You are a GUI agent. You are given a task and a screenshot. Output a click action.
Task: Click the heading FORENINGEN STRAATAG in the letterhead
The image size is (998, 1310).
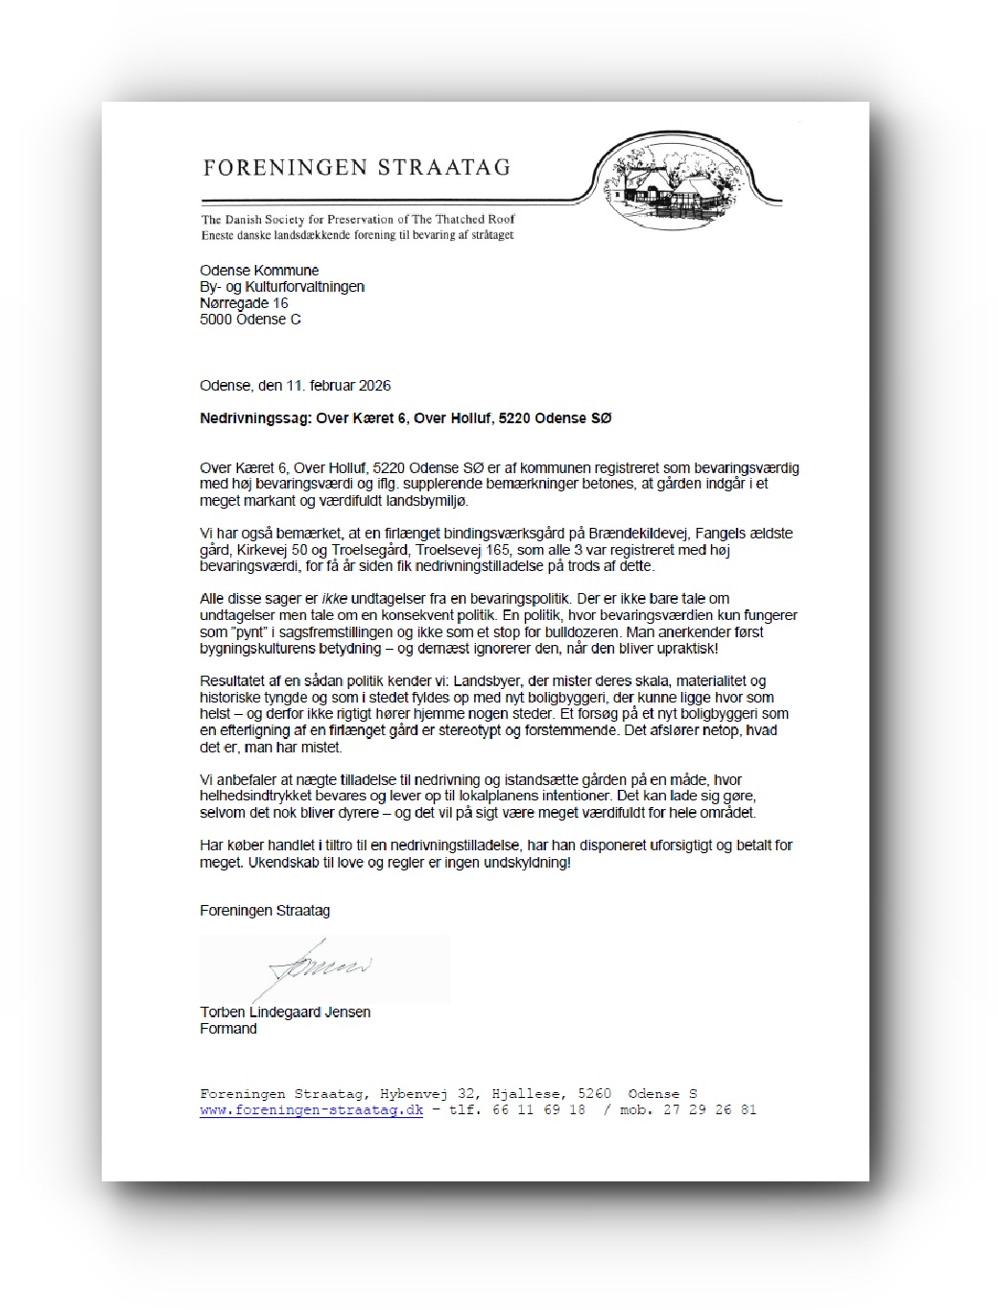click(356, 168)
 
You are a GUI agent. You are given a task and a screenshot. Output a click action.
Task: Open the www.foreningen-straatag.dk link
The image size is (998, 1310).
click(311, 1110)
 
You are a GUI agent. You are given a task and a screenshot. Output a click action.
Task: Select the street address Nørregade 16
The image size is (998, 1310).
click(244, 303)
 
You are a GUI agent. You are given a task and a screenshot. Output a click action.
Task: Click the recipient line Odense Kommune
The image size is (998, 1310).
click(259, 271)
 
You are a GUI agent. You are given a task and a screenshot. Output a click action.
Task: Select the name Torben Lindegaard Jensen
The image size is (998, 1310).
click(285, 1012)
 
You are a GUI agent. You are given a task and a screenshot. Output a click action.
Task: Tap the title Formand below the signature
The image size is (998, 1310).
click(228, 1029)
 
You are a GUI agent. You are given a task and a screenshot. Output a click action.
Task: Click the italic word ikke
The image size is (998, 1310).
click(334, 599)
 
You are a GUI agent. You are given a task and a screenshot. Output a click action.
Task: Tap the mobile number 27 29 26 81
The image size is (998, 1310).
click(709, 1110)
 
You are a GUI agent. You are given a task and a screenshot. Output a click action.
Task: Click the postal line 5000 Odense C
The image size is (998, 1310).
click(250, 320)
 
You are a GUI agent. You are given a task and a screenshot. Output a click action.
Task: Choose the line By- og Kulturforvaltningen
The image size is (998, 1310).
click(282, 287)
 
